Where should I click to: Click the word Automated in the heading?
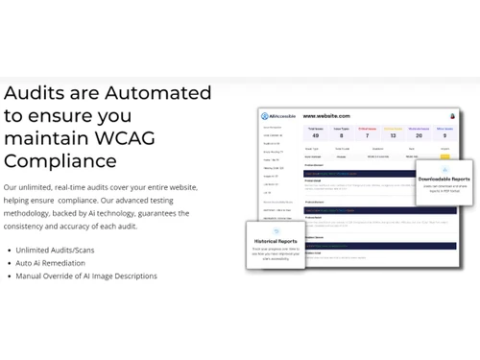(158, 93)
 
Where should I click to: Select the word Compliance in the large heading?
(60, 160)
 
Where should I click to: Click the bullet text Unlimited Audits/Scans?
(55, 250)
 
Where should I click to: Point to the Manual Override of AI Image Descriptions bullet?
(86, 276)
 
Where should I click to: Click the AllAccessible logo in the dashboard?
(279, 116)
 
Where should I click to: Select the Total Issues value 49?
(315, 135)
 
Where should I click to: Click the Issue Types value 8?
(341, 135)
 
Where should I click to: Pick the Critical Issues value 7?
(367, 135)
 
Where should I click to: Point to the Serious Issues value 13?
(393, 135)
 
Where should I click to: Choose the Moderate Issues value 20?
(419, 135)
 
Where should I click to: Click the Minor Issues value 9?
(444, 135)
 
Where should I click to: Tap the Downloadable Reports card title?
(444, 179)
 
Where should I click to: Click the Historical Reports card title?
(276, 241)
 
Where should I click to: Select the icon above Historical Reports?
(276, 231)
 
